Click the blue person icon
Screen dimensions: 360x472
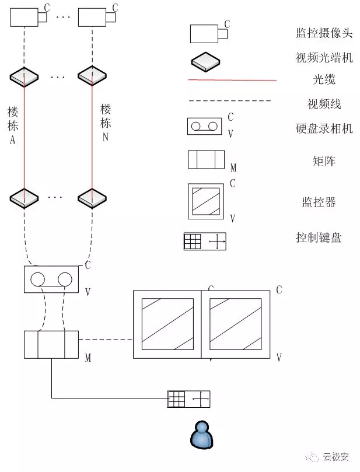point(202,435)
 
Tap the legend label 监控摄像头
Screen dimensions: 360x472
point(324,33)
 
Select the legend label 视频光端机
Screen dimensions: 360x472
point(324,57)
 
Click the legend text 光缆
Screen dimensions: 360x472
point(324,79)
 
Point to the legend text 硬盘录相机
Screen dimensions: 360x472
point(324,128)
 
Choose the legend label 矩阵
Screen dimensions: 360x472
point(324,161)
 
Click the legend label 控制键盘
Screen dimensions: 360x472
point(319,237)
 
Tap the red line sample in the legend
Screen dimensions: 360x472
point(232,80)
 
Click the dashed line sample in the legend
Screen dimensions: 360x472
point(230,101)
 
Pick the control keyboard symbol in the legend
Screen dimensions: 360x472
point(205,241)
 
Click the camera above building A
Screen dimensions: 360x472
point(28,17)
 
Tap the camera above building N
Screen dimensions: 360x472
point(97,17)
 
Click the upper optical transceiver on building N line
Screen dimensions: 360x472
point(92,76)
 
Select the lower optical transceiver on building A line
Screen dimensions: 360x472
point(24,198)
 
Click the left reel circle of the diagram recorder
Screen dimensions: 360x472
point(37,279)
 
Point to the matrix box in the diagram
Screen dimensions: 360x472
point(51,345)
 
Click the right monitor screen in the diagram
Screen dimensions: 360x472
point(235,324)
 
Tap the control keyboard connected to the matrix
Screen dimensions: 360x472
point(188,399)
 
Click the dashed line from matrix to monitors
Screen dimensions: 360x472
point(106,340)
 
